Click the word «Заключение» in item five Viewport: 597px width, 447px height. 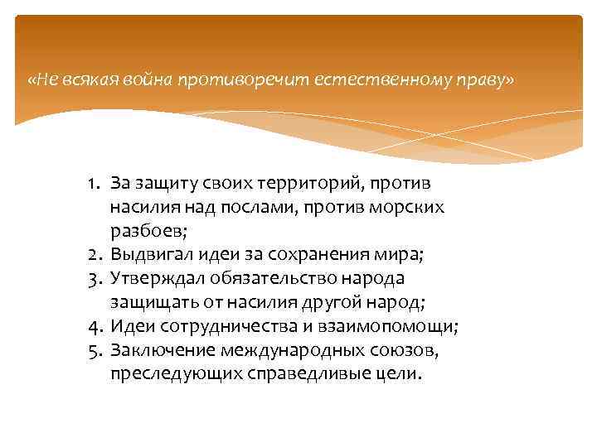pyautogui.click(x=157, y=351)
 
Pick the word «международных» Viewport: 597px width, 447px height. pyautogui.click(x=284, y=351)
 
